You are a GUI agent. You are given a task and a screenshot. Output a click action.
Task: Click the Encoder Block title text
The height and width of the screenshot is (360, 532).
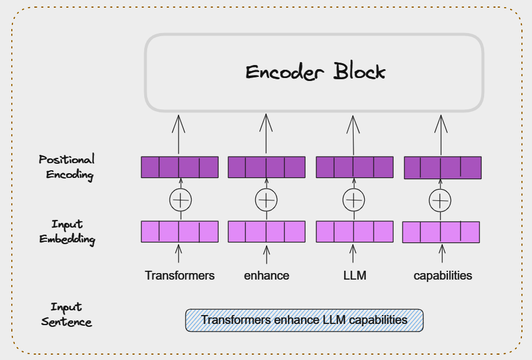click(x=315, y=72)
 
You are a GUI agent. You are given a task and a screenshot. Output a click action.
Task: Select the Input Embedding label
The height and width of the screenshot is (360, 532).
click(x=67, y=232)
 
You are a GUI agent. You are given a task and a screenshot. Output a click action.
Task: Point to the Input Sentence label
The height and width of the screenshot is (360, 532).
click(x=66, y=314)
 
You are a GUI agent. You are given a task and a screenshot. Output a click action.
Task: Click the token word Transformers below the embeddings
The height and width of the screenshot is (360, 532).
click(x=180, y=275)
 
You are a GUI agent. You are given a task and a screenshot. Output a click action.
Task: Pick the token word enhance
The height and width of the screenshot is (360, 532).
click(x=267, y=275)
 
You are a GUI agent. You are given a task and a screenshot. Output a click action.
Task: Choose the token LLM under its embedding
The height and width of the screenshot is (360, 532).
click(x=355, y=275)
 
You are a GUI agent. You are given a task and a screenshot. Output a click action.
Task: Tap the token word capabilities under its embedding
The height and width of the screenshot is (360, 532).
click(x=443, y=276)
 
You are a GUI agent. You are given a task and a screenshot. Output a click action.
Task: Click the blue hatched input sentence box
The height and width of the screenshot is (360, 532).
click(x=304, y=320)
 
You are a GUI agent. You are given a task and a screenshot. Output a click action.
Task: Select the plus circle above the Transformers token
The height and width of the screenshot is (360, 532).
click(x=180, y=200)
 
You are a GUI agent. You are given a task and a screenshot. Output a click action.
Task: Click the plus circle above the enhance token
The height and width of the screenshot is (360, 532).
click(x=267, y=200)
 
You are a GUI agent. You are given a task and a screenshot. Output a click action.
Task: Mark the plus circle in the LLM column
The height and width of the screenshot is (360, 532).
click(x=354, y=200)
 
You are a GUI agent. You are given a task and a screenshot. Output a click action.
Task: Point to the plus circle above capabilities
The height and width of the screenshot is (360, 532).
click(x=440, y=201)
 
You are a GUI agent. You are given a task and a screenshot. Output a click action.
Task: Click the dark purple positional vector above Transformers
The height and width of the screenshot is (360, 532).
click(x=180, y=167)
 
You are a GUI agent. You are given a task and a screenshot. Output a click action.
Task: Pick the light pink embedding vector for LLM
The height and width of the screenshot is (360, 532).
click(x=355, y=232)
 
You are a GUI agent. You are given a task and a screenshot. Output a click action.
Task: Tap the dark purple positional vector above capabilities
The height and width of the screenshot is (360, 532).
click(x=443, y=168)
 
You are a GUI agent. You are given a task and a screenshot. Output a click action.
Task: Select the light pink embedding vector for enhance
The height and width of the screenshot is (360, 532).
click(x=267, y=232)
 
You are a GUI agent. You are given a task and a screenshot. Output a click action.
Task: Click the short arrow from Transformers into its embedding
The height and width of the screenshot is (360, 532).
click(x=179, y=254)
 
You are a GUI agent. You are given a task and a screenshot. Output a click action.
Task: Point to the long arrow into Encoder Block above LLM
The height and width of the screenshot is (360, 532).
click(x=353, y=135)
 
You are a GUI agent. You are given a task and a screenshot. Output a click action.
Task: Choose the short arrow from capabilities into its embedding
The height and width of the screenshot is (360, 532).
click(x=442, y=254)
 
